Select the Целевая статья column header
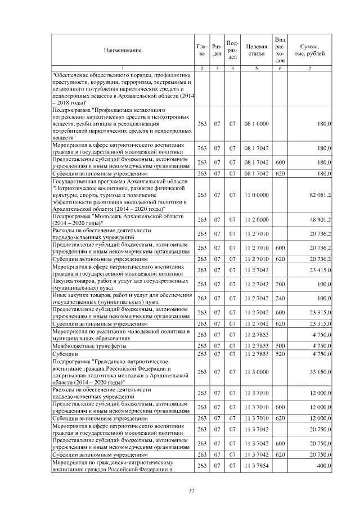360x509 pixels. coord(256,50)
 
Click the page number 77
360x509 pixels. coord(191,492)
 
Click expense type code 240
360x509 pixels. coord(281,298)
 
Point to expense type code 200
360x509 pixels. coord(281,284)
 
